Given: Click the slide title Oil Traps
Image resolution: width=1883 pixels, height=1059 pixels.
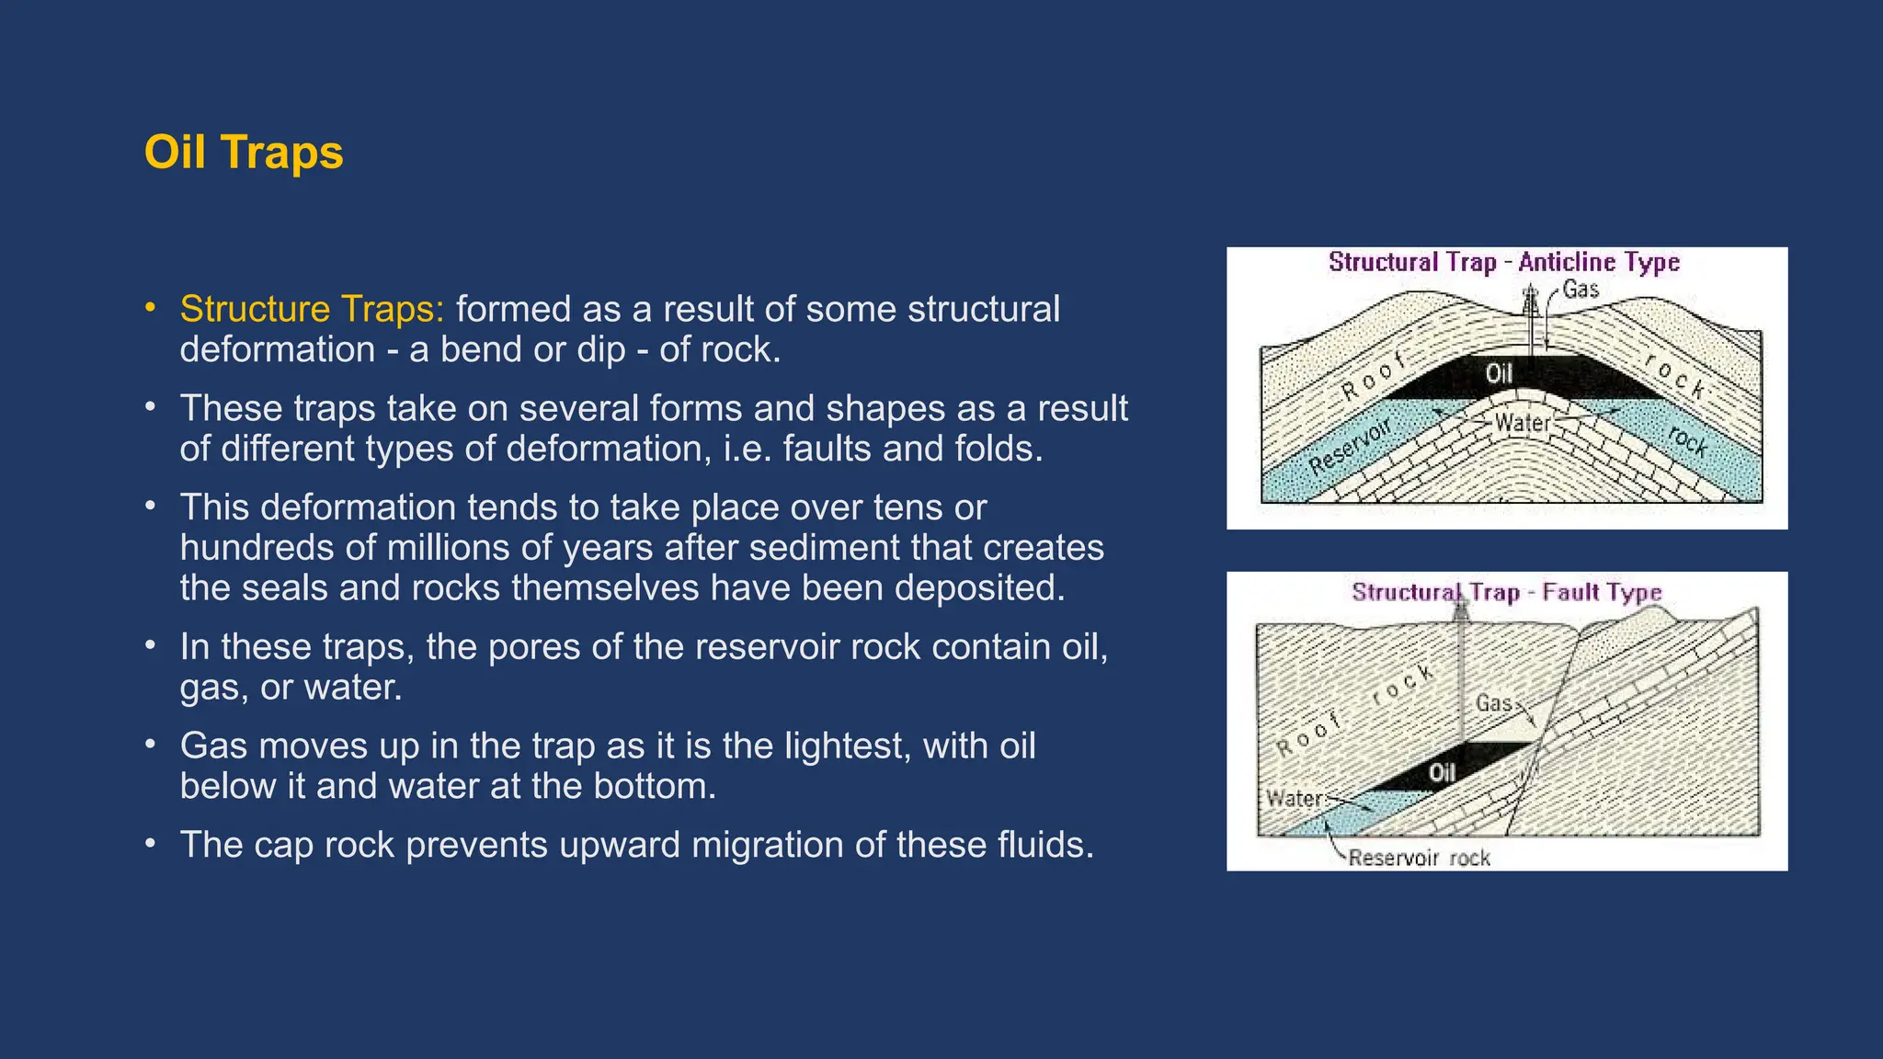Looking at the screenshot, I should pos(244,153).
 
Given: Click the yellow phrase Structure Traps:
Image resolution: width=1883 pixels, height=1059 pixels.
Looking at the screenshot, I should pos(312,310).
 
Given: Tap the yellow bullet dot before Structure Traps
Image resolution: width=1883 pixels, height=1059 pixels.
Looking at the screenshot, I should pos(150,308).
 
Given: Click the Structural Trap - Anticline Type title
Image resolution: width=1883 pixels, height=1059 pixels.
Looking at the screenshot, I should pos(1504,263).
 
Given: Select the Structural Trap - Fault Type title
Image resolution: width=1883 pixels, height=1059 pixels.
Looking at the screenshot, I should pos(1506,592).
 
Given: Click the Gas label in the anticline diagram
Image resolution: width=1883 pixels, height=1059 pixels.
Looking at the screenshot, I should pos(1581,290).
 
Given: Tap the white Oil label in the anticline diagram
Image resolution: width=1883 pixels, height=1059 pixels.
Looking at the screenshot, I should pos(1499,373).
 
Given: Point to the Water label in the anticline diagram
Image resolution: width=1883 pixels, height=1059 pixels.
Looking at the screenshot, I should pos(1523,423).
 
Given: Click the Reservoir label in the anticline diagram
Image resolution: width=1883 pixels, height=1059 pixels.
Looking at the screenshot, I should pos(1350,447).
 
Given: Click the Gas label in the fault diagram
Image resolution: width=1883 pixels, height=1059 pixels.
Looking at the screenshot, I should pos(1493,703).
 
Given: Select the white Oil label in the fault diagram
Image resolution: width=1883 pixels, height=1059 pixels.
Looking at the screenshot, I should pos(1442,773).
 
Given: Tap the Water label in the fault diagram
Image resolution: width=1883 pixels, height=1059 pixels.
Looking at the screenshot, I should pos(1294,798).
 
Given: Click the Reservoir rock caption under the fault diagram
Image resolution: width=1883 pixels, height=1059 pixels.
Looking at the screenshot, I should pos(1419,858).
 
